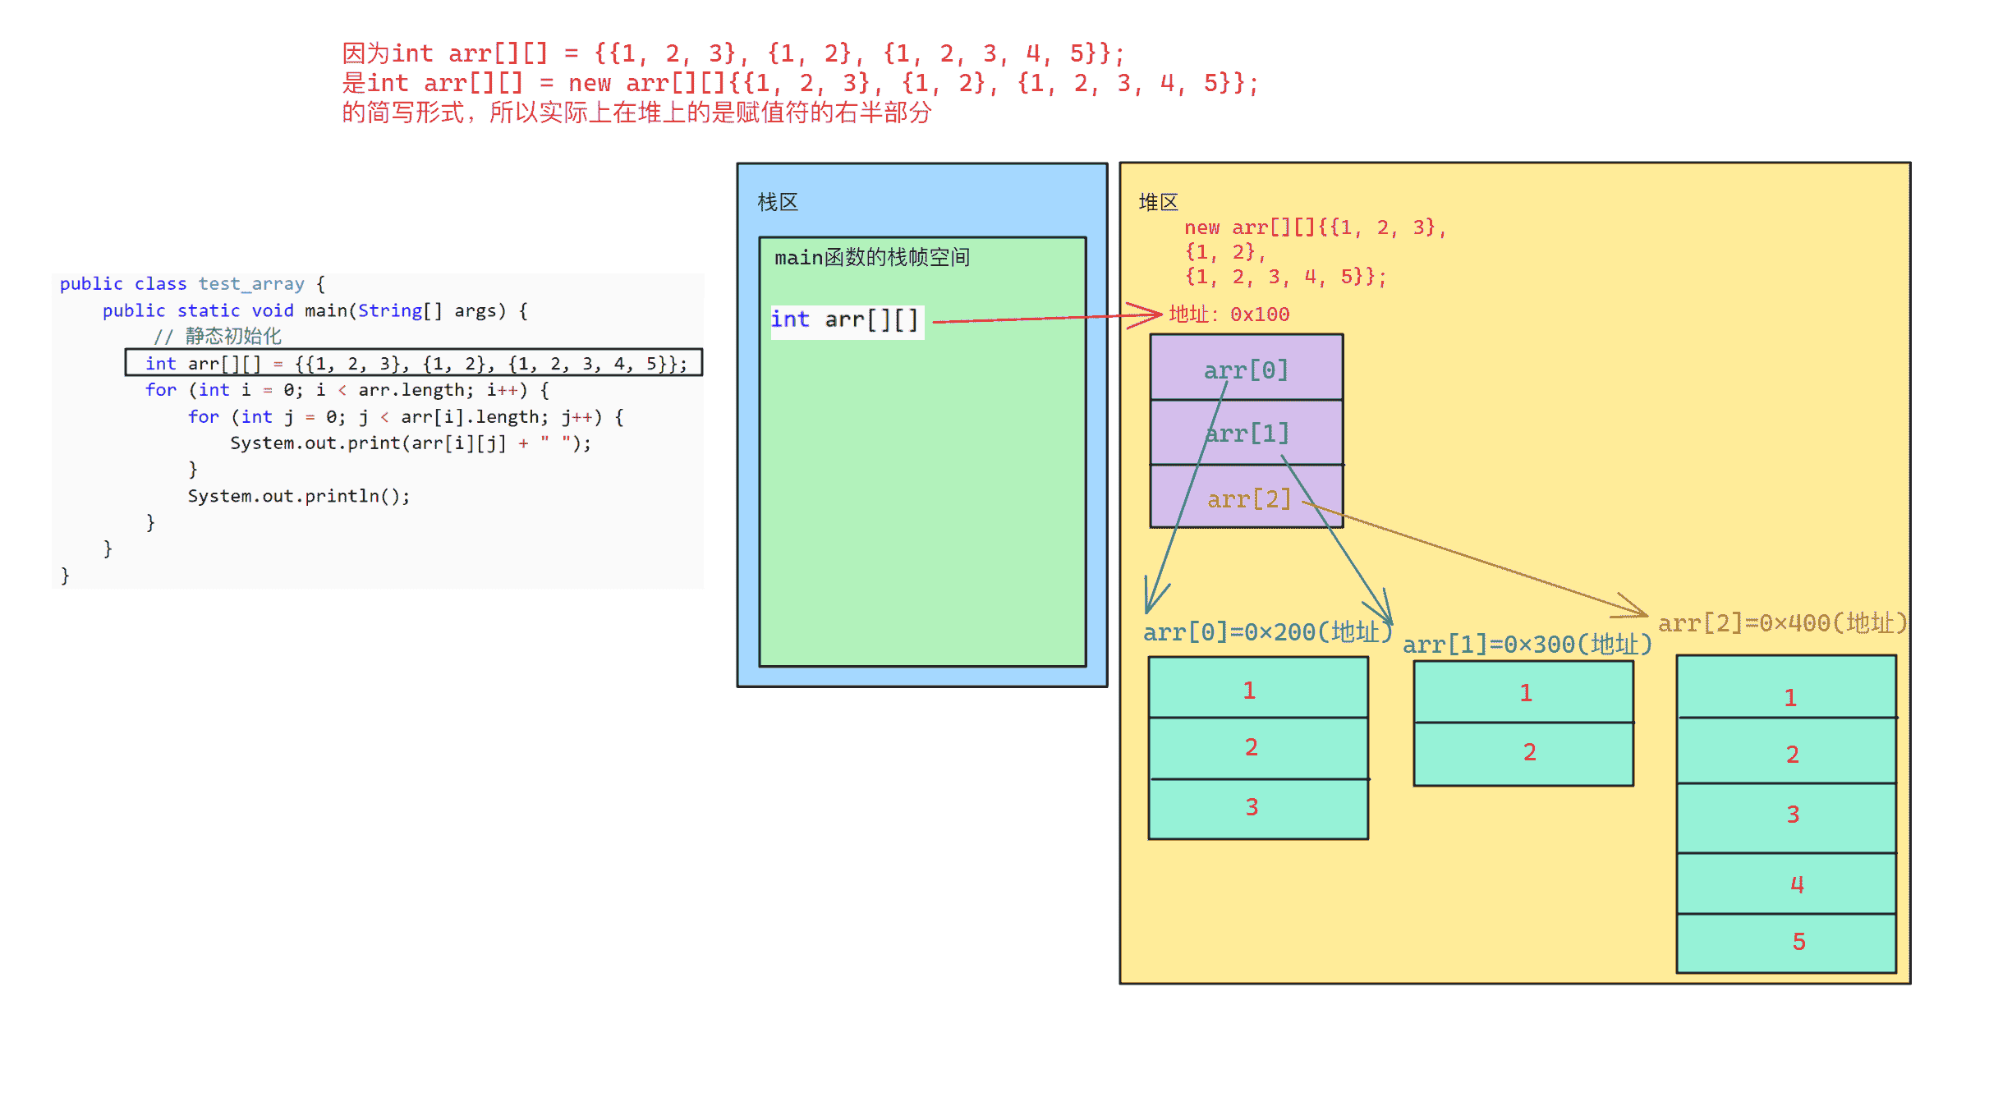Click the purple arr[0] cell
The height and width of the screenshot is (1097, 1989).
(x=1247, y=368)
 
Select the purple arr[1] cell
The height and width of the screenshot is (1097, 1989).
(x=1247, y=433)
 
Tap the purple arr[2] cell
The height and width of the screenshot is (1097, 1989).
(x=1247, y=496)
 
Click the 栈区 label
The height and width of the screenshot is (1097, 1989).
(x=778, y=202)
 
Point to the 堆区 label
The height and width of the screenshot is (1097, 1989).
(x=1159, y=202)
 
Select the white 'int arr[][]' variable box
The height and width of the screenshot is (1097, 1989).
(x=847, y=320)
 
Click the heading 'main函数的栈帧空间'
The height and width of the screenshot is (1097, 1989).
(x=872, y=258)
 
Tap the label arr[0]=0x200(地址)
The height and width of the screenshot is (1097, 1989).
(x=1267, y=632)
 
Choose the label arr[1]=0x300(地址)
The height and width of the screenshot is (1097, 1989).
(x=1527, y=645)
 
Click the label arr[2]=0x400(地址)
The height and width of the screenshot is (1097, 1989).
(x=1782, y=623)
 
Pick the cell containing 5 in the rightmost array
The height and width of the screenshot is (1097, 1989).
(x=1787, y=943)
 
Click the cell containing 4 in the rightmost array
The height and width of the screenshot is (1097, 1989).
(x=1787, y=884)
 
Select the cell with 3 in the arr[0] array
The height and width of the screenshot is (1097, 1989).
(x=1258, y=809)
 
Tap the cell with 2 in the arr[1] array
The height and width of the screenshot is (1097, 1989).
(x=1523, y=754)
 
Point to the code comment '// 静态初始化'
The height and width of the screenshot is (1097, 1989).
(x=218, y=336)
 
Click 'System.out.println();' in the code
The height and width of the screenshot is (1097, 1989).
(x=299, y=496)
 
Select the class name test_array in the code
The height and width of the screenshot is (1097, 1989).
(x=251, y=284)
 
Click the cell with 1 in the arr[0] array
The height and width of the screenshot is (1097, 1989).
(x=1258, y=688)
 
